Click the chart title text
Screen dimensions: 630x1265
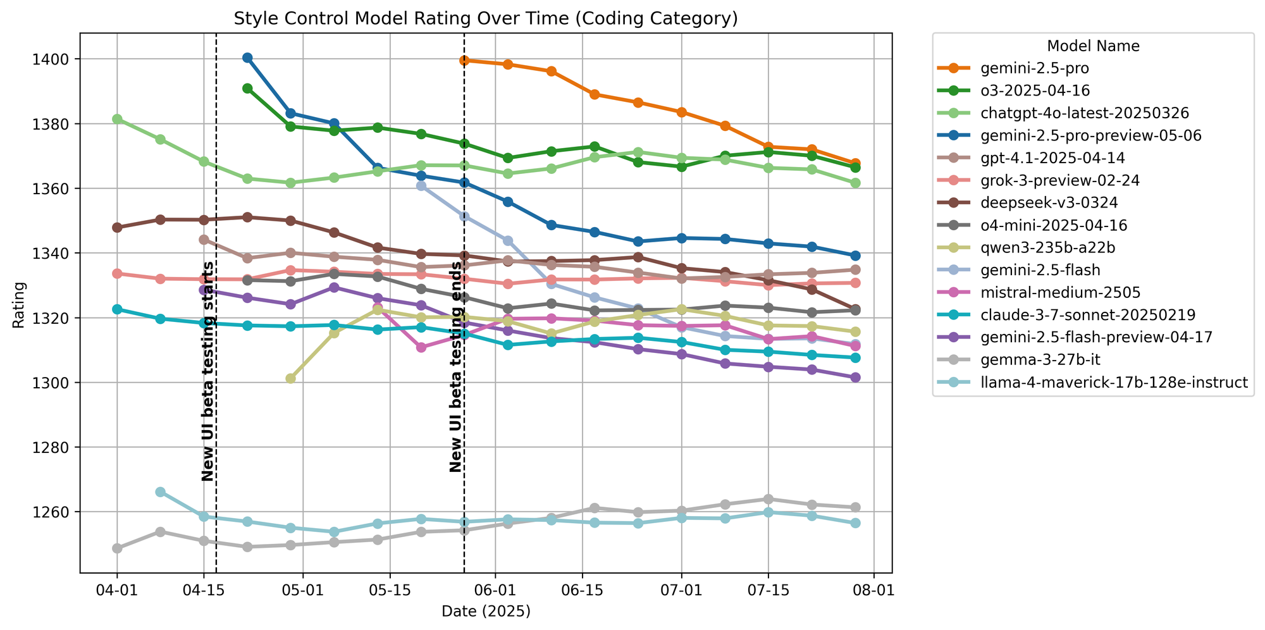[486, 18]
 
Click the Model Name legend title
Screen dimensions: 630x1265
[1093, 46]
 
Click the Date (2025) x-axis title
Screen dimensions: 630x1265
[486, 611]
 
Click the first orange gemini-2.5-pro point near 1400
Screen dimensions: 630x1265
[464, 61]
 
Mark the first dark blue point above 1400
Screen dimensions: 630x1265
[247, 58]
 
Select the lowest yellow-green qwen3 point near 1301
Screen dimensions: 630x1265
[290, 378]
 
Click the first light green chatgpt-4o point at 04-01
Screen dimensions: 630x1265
[117, 119]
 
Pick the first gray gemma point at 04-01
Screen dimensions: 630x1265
[117, 548]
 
